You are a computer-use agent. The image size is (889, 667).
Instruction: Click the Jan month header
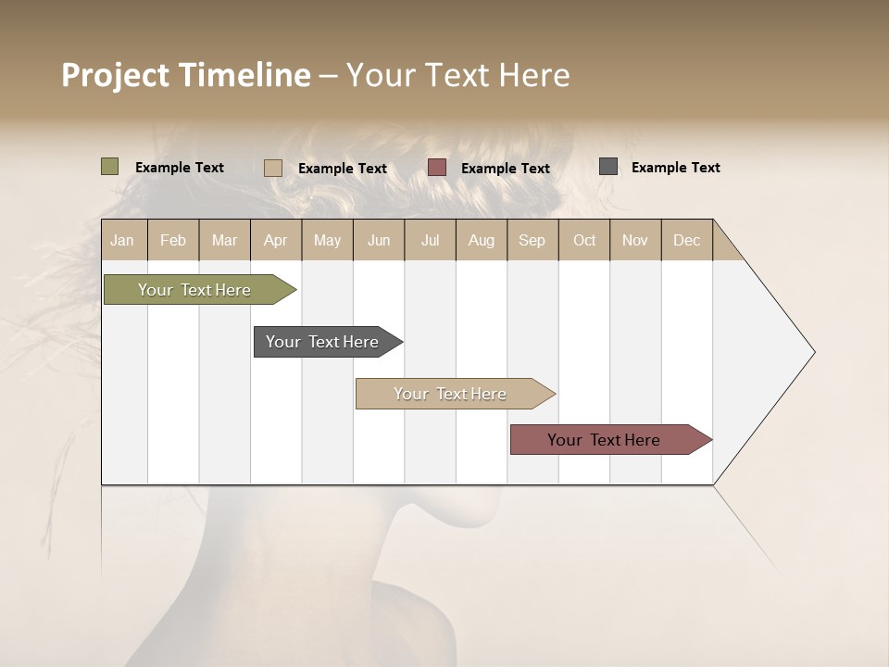point(122,240)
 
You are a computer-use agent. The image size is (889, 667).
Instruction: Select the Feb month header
point(173,240)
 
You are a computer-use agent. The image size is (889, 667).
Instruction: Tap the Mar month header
point(224,240)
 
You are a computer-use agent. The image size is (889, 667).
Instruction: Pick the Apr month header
point(276,240)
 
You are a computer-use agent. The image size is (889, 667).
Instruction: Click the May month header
point(327,240)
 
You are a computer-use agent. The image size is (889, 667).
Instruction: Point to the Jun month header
point(379,240)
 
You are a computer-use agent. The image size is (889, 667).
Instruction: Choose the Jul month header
point(430,240)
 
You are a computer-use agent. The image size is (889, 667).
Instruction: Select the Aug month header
point(482,240)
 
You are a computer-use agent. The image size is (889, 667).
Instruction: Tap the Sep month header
point(532,240)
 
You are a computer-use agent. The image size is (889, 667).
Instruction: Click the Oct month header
point(584,240)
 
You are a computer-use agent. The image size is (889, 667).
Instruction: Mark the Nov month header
point(635,240)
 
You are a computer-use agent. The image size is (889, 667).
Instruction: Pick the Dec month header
point(687,240)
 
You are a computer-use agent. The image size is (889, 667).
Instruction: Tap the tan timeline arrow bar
point(451,394)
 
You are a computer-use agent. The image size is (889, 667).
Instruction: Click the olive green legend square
point(110,167)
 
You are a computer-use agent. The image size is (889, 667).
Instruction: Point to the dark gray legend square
point(608,167)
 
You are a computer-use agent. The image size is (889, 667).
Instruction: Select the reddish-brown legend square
point(437,168)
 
